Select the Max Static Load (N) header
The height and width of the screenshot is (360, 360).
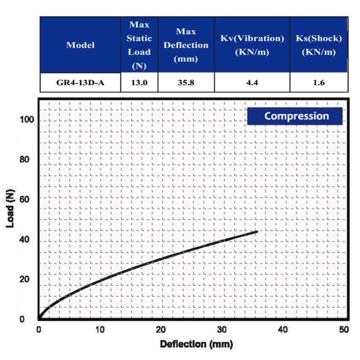140,45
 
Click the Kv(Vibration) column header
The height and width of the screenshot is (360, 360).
251,45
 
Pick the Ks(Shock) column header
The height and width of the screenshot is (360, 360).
319,45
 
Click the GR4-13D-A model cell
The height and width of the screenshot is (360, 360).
80,83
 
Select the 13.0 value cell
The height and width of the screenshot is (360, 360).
140,83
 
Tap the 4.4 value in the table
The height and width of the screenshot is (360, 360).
251,83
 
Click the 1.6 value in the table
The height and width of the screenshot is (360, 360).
319,83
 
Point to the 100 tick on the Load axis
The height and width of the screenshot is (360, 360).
25,120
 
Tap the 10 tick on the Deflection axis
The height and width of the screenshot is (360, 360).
100,329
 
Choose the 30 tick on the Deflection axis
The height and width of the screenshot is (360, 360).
221,329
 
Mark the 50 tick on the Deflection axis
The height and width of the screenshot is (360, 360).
344,329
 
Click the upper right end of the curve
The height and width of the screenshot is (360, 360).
257,232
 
